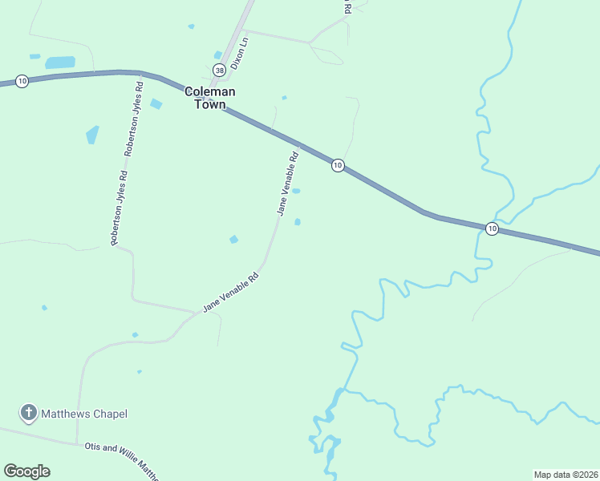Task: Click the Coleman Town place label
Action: (210, 98)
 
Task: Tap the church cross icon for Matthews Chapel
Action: (28, 414)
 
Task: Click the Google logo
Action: (26, 471)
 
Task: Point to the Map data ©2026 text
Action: (566, 475)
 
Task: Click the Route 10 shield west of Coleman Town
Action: (22, 82)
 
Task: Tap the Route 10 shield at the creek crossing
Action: (492, 228)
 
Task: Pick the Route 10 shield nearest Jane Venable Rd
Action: (338, 165)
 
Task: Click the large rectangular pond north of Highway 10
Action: (60, 63)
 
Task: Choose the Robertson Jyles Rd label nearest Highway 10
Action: (134, 118)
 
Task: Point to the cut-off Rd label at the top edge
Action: (347, 7)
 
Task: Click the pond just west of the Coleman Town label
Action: (156, 103)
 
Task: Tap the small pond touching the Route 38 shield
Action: (218, 55)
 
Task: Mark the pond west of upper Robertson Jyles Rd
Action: (92, 134)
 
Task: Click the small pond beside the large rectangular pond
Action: (34, 57)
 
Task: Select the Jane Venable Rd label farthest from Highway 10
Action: (232, 292)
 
